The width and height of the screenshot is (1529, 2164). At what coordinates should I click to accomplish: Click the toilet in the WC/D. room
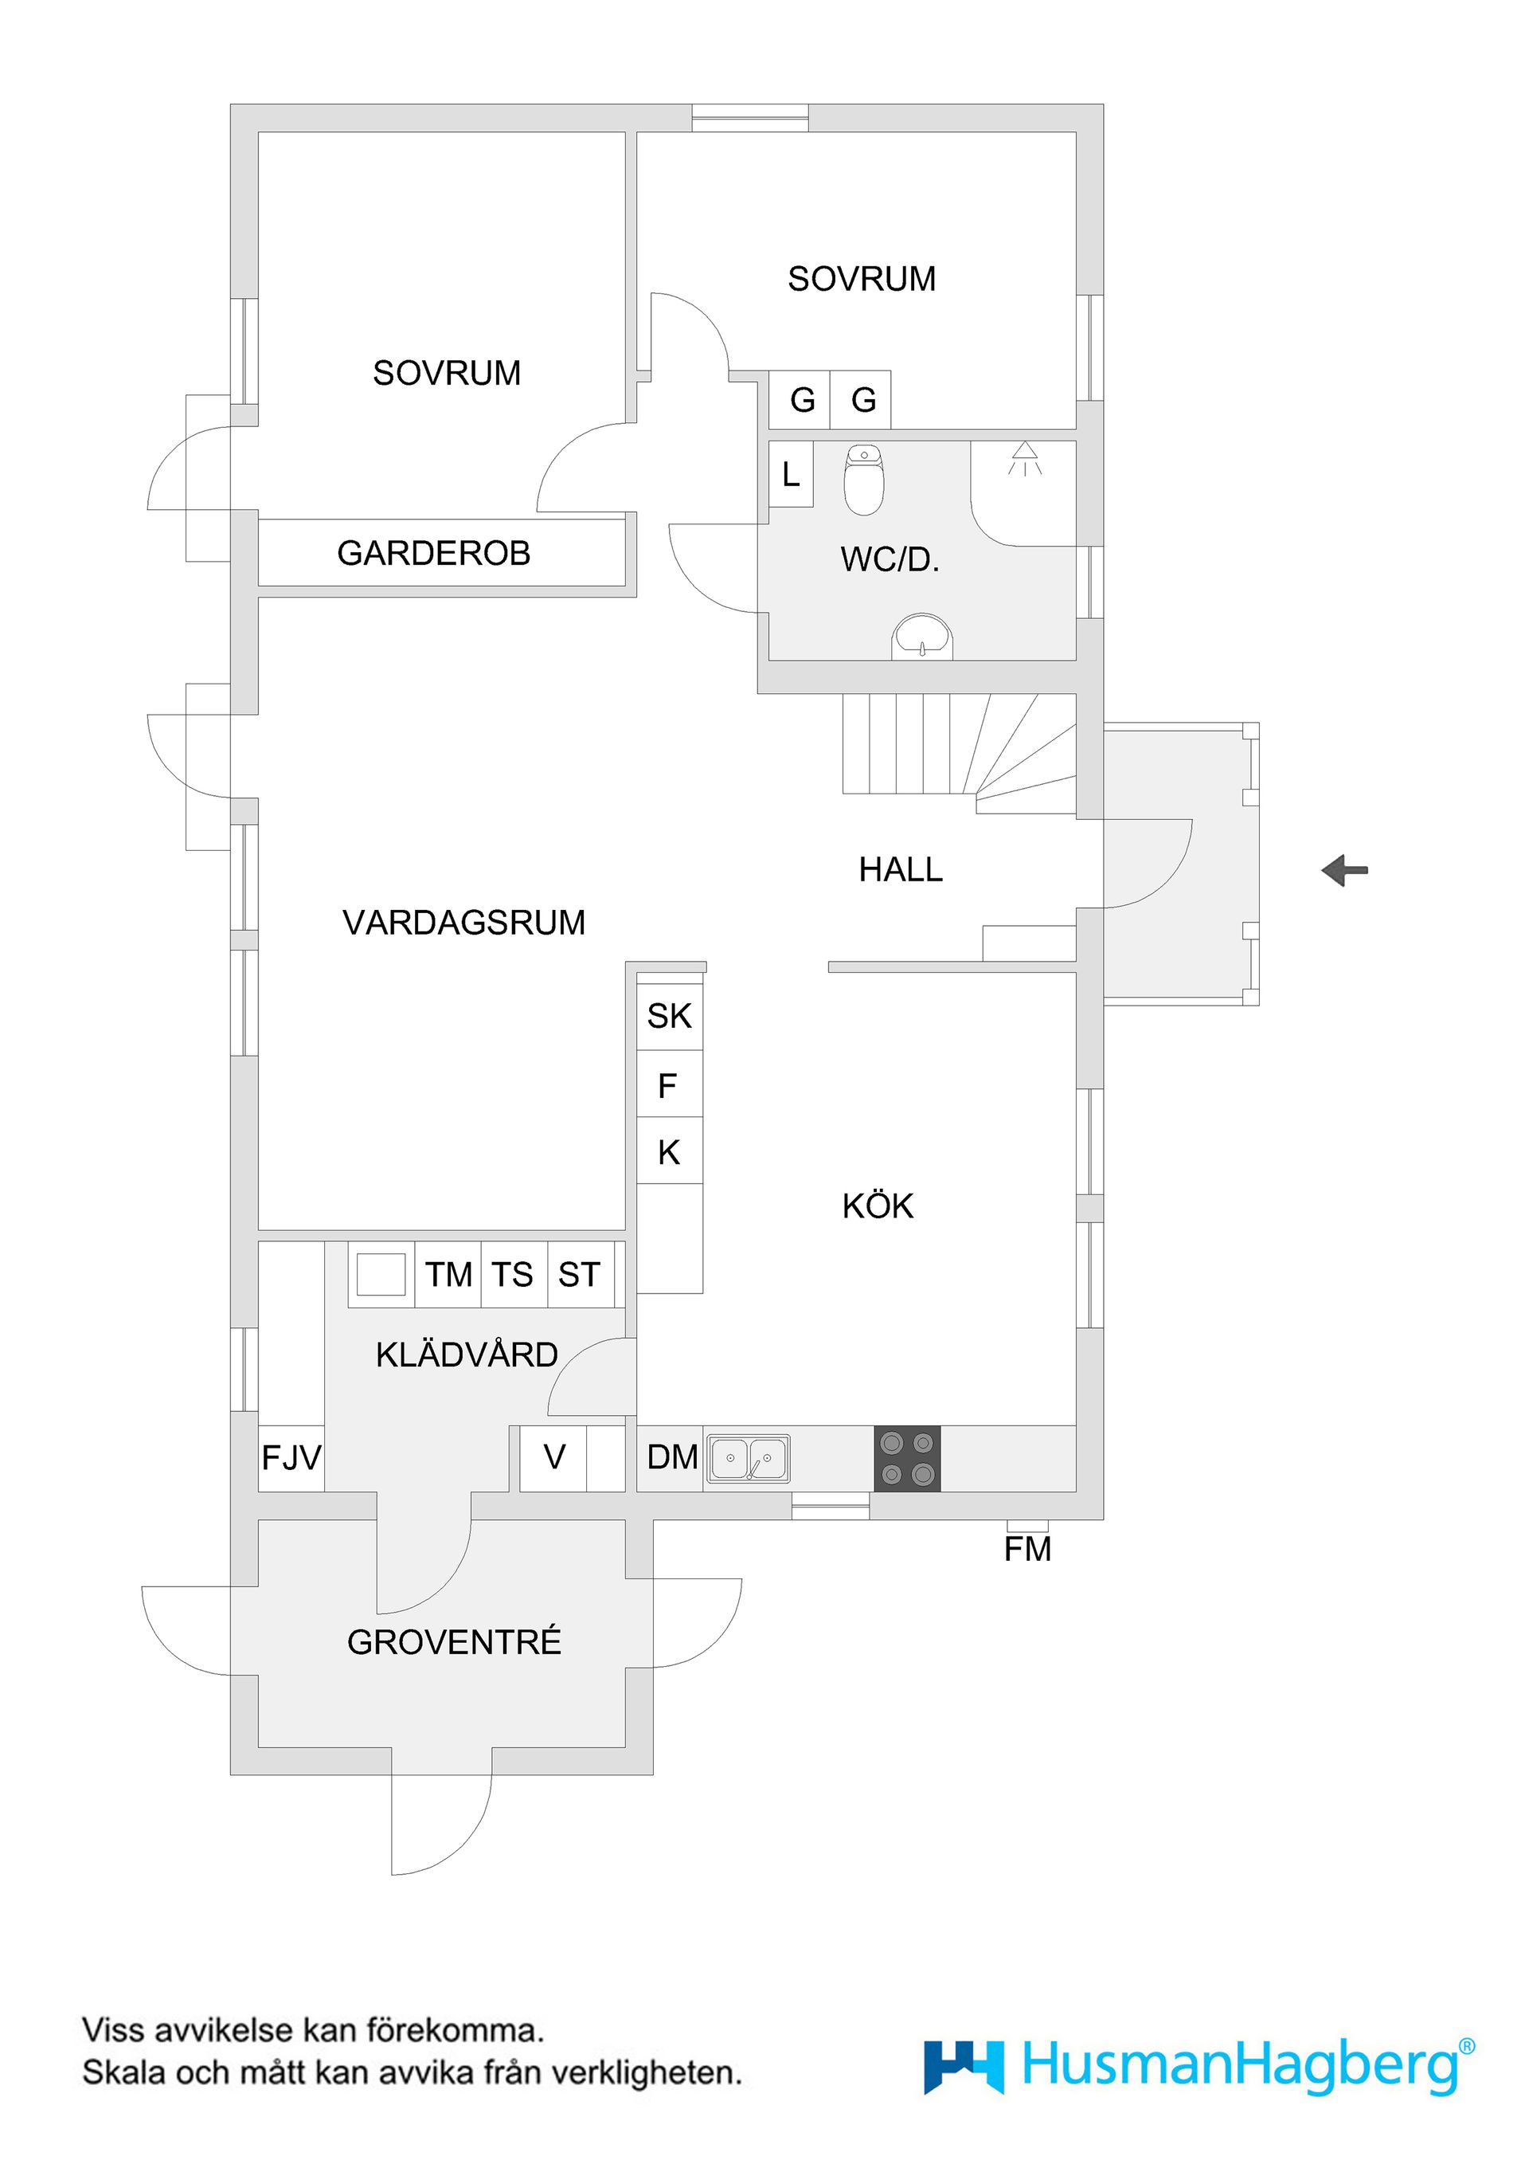[863, 480]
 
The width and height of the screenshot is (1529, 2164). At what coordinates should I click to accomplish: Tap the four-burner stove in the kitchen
[907, 1458]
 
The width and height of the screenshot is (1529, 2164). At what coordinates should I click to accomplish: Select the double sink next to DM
[749, 1459]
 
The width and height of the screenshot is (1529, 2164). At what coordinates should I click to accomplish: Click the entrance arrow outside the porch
[1344, 870]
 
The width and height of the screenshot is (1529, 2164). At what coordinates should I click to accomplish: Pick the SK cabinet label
[669, 1016]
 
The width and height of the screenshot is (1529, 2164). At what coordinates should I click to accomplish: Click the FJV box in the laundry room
[291, 1458]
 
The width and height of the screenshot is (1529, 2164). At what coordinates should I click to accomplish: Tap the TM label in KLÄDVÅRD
[448, 1274]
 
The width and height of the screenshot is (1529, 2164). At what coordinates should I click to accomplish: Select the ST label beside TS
[578, 1274]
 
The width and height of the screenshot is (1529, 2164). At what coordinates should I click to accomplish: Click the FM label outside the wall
[1027, 1549]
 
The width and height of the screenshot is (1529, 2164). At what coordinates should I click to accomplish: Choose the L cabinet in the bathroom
[792, 474]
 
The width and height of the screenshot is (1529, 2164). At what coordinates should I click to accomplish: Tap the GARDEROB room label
[433, 553]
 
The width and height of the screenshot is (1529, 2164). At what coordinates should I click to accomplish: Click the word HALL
[901, 869]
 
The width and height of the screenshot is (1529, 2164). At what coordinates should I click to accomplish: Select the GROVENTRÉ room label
[454, 1642]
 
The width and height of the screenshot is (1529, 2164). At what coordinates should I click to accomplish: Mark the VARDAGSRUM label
[463, 922]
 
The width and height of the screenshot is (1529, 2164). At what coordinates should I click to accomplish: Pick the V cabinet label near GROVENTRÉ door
[554, 1457]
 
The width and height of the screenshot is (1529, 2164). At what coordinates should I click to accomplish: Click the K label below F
[669, 1152]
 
